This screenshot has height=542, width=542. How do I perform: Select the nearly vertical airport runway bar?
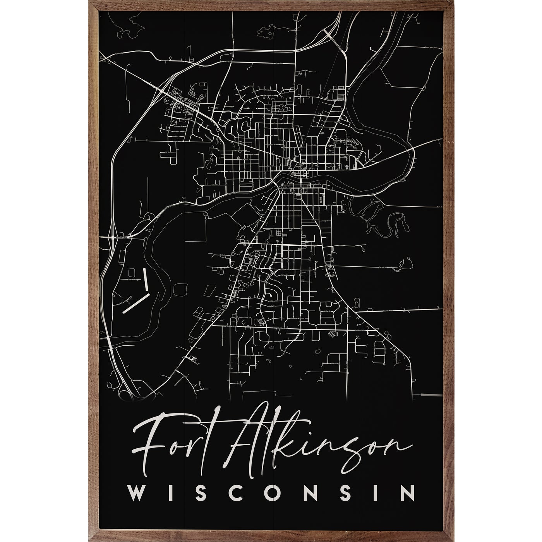(146, 279)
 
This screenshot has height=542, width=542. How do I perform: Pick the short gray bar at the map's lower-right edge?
(431, 394)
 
